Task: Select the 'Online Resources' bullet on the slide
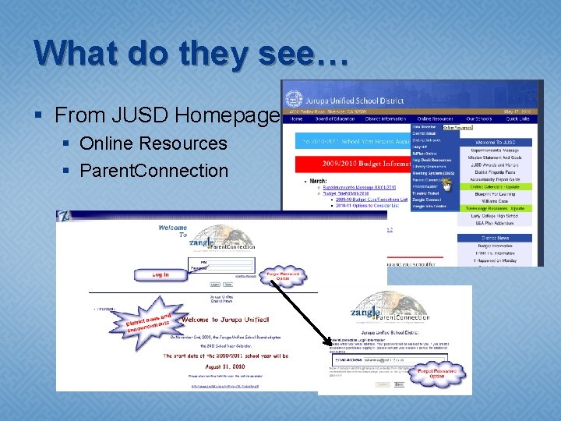pyautogui.click(x=153, y=143)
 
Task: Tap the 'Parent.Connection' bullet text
pyautogui.click(x=153, y=170)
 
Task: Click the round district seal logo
pyautogui.click(x=295, y=101)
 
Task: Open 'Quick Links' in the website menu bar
pyautogui.click(x=517, y=119)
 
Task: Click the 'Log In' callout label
pyautogui.click(x=161, y=275)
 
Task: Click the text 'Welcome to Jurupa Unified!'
pyautogui.click(x=227, y=320)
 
